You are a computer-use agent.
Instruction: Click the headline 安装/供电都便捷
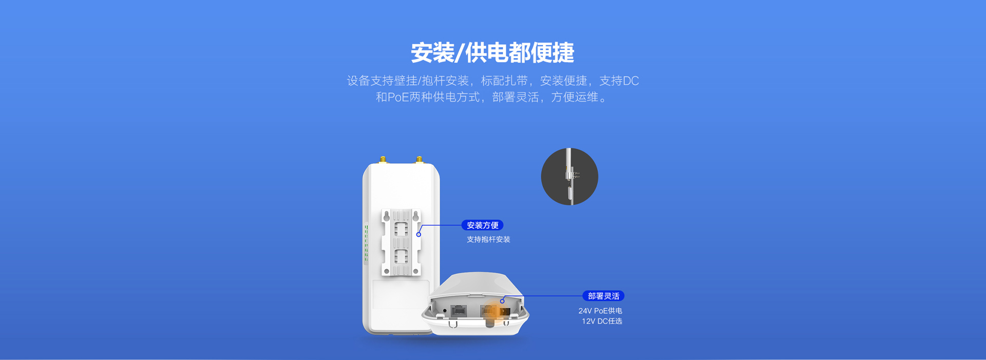point(492,52)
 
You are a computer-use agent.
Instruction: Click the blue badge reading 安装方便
point(482,225)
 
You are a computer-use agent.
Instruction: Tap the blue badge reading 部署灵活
point(603,296)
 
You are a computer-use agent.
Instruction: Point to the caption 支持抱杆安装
point(488,239)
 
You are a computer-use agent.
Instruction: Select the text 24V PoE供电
point(600,311)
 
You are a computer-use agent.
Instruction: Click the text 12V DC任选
point(602,321)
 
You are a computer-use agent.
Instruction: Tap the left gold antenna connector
point(383,160)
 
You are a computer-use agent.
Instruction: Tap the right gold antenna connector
point(420,160)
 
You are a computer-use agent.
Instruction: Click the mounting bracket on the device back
point(401,242)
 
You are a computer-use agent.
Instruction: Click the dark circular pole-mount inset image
point(570,177)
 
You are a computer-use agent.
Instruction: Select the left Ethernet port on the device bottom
point(458,310)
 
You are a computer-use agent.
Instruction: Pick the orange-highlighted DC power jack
point(504,311)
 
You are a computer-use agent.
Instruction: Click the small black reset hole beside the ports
point(444,311)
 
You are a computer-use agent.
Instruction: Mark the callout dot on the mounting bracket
point(419,234)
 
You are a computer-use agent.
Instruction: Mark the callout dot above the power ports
point(502,301)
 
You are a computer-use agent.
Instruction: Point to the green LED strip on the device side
point(366,244)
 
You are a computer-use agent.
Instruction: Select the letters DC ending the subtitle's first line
point(631,81)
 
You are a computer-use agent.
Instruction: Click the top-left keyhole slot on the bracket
point(387,216)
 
